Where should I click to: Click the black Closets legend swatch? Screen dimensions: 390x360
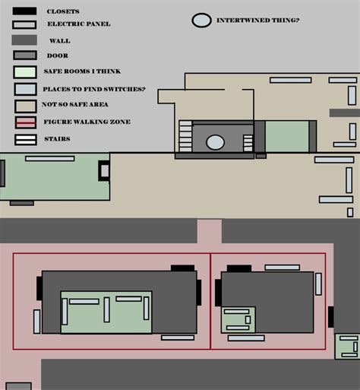coord(25,11)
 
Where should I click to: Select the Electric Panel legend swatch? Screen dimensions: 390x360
coord(25,24)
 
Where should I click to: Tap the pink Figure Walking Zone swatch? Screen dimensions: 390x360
coord(25,122)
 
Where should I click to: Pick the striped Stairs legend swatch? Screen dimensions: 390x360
coord(25,139)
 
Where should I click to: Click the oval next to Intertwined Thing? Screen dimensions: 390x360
coord(201,21)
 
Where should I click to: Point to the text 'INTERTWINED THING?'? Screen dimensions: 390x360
coord(257,20)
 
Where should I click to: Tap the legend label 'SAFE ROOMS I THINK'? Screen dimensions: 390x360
coord(83,72)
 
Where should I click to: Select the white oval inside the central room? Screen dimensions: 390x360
coord(216,141)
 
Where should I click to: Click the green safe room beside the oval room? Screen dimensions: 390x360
coord(286,137)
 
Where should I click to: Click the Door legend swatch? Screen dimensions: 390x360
coord(25,55)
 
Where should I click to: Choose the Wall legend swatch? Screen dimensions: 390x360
coord(25,40)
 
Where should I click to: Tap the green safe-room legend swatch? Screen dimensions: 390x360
coord(25,72)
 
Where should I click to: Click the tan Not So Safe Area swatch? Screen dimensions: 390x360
coord(25,105)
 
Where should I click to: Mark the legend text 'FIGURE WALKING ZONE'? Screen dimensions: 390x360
coord(87,122)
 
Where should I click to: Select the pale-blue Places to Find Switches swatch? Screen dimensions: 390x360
coord(25,89)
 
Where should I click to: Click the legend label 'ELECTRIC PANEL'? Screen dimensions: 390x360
coord(78,24)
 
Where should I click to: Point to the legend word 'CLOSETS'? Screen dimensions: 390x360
coord(62,12)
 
